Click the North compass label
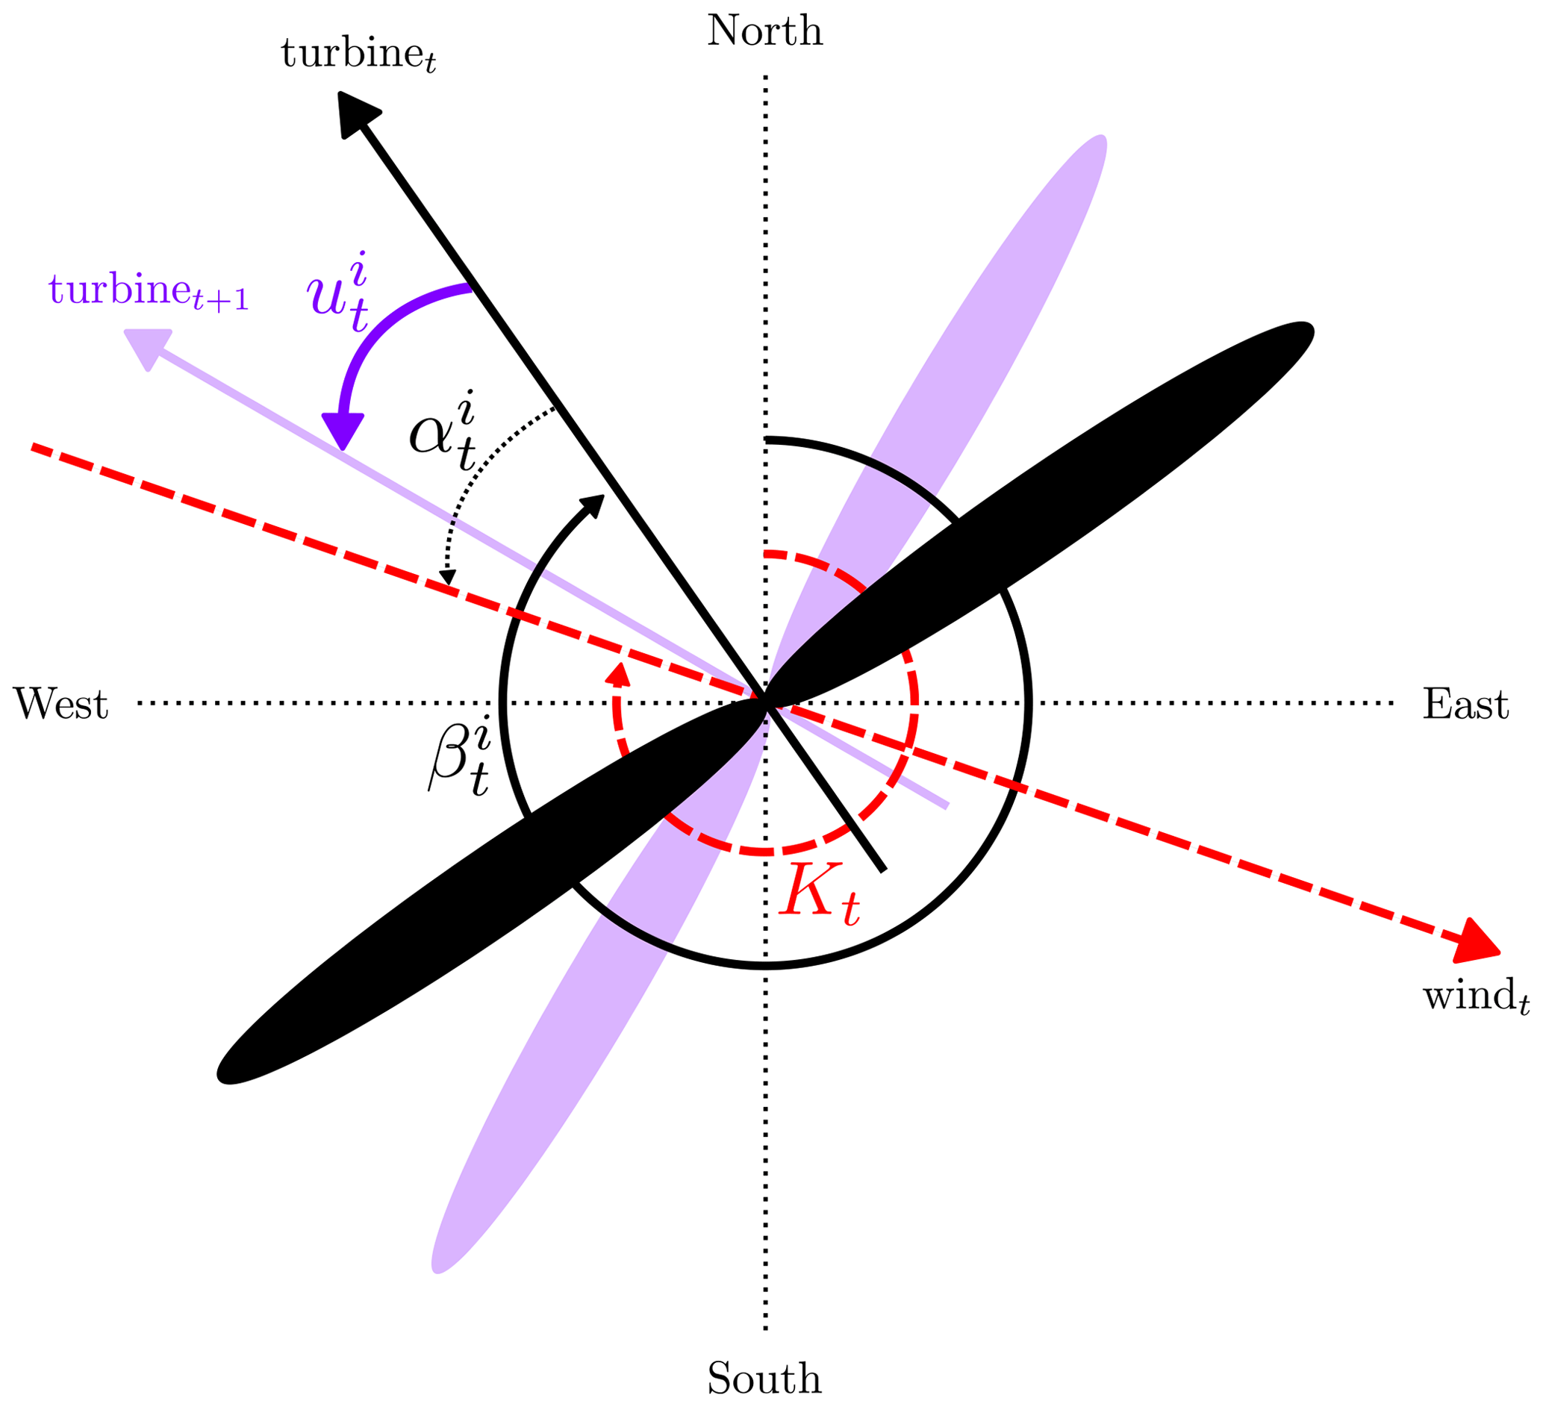tap(764, 31)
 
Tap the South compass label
tap(764, 1379)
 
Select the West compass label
tap(60, 703)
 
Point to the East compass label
tap(1465, 703)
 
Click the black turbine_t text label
tap(358, 55)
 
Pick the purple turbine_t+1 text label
tap(149, 292)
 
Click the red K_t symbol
tap(819, 893)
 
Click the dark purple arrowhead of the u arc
tap(342, 430)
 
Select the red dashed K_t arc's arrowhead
tap(617, 674)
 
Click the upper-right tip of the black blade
tap(1304, 331)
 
